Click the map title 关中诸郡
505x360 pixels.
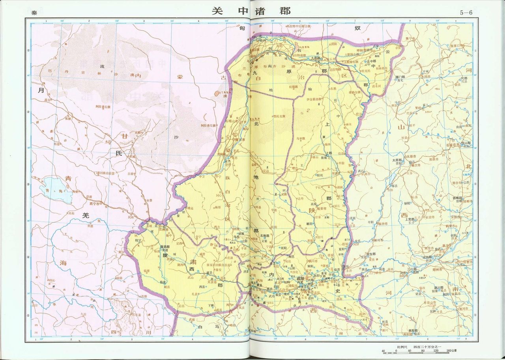pos(251,11)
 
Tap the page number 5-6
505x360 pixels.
pos(466,12)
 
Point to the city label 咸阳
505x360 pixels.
pos(300,278)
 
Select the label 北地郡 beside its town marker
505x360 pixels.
pos(266,236)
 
